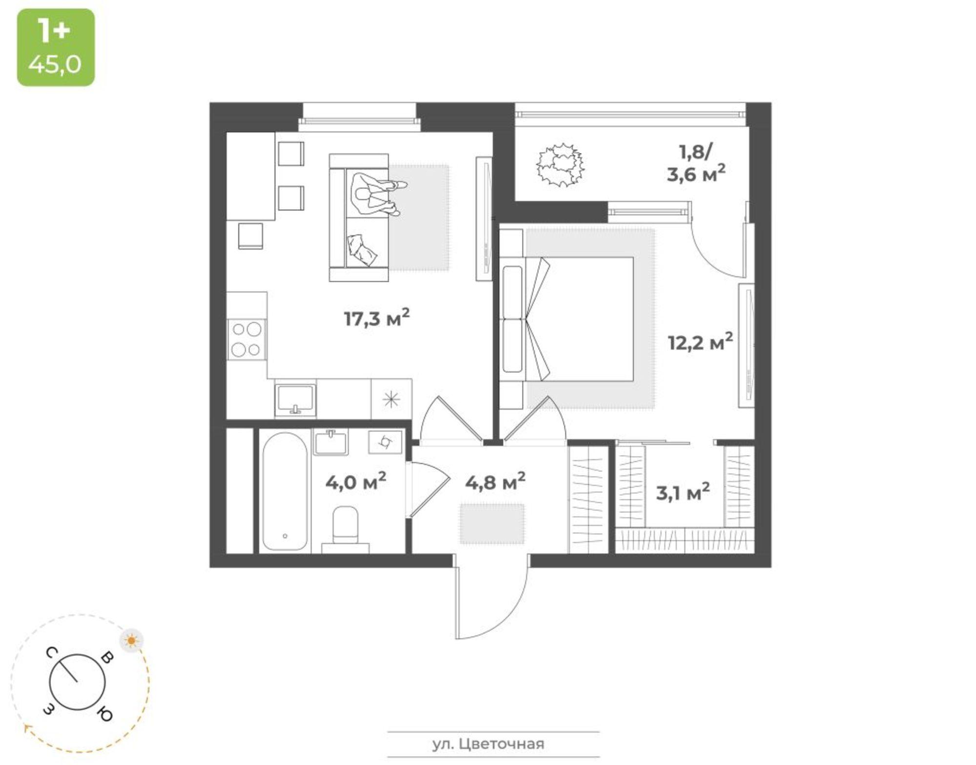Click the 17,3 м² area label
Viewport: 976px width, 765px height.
tap(377, 319)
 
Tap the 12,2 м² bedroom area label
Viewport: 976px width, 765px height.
tap(700, 342)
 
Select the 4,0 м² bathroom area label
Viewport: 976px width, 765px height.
tap(356, 482)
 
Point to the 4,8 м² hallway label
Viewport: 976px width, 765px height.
tap(495, 482)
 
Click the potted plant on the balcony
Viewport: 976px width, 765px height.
tap(560, 164)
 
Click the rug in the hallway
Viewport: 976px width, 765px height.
tap(492, 524)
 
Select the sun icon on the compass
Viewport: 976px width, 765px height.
tap(132, 640)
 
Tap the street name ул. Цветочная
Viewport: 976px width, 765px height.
tap(488, 744)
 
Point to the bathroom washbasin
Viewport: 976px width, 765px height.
tap(330, 443)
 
